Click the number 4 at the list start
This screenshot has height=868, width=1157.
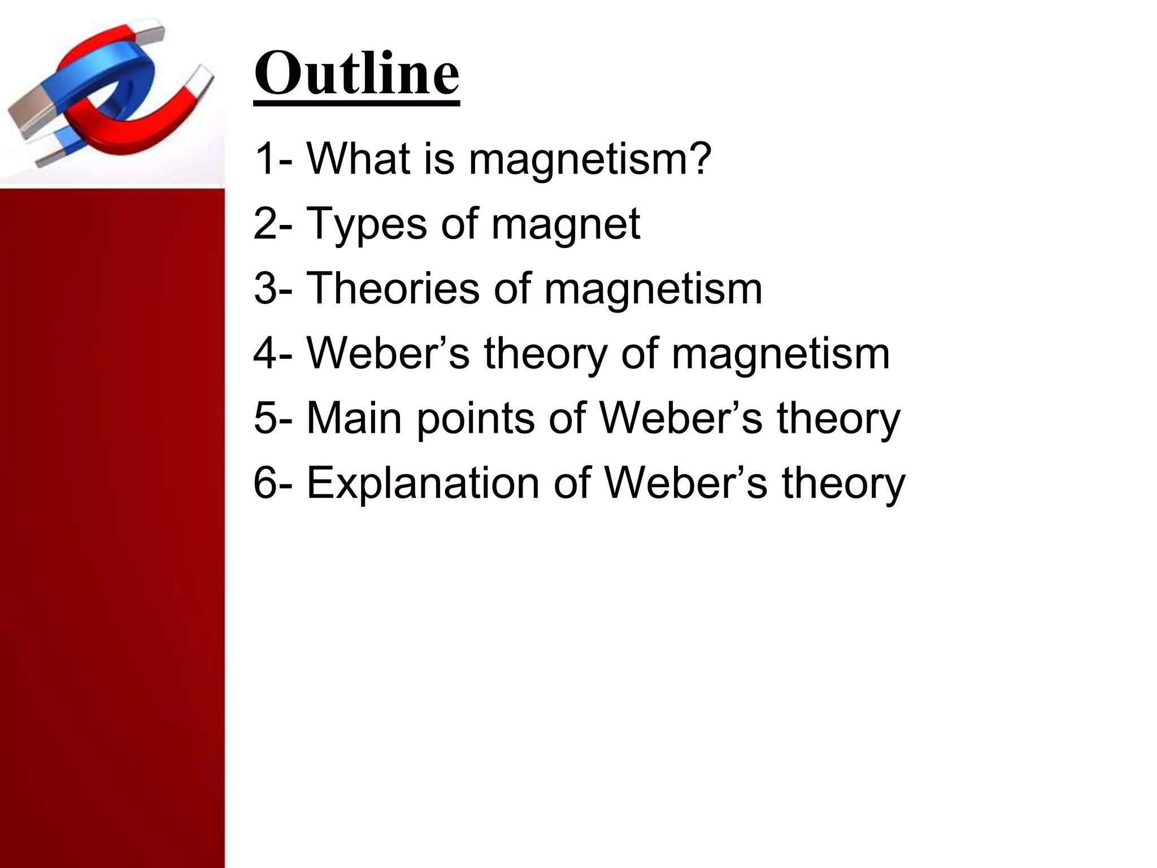(265, 353)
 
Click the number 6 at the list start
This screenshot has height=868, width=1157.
(265, 483)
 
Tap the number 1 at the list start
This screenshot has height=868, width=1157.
(265, 159)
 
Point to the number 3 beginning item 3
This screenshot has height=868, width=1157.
(265, 288)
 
